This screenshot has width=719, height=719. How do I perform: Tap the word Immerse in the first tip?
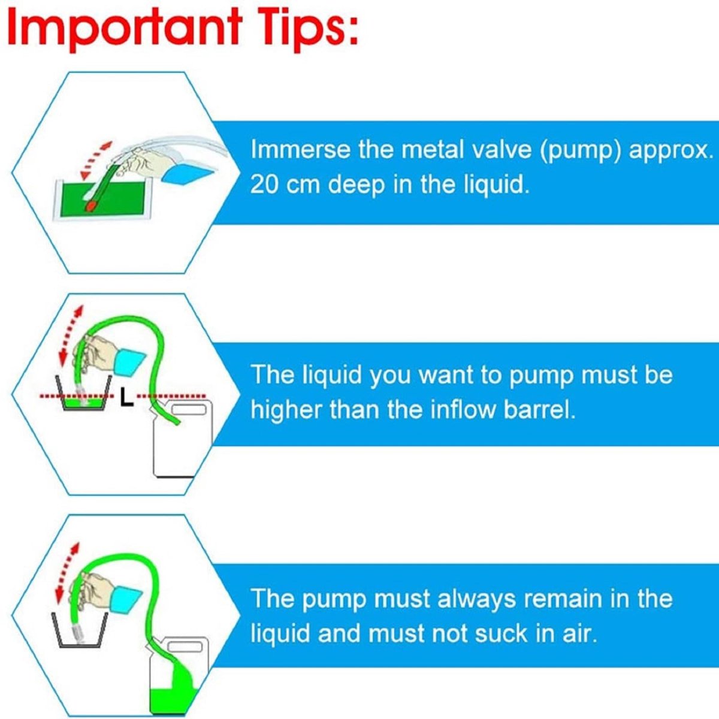tap(300, 149)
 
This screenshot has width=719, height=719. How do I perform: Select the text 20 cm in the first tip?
tap(285, 184)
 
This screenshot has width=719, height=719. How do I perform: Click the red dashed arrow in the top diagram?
tap(96, 159)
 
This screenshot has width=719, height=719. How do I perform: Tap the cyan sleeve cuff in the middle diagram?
tap(130, 362)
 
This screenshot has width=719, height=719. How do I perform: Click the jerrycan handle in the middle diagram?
tap(189, 410)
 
